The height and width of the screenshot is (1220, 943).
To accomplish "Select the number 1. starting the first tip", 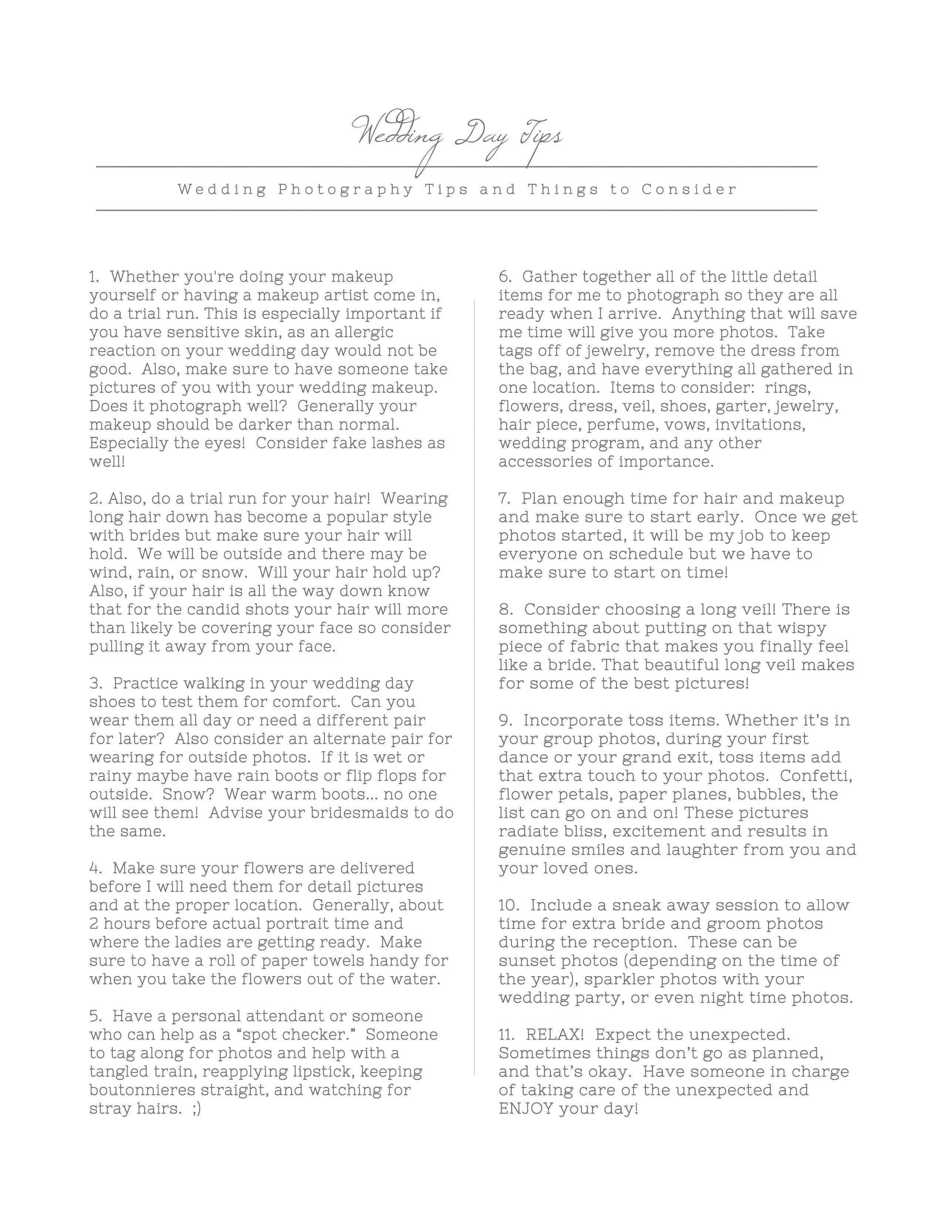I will (x=94, y=277).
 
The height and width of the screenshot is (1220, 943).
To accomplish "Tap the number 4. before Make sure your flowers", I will (x=95, y=868).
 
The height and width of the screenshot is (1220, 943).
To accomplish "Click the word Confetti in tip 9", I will (x=816, y=776).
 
